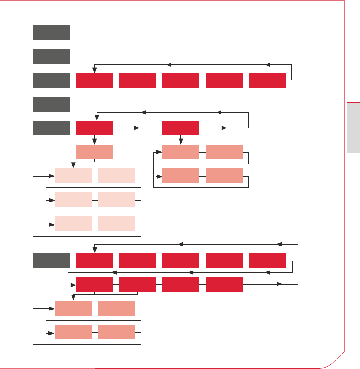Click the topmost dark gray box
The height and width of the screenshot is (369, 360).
pyautogui.click(x=51, y=32)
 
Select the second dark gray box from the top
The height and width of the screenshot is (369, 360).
pyautogui.click(x=51, y=56)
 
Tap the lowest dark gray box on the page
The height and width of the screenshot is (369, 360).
pyautogui.click(x=51, y=261)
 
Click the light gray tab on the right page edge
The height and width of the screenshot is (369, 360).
pyautogui.click(x=353, y=128)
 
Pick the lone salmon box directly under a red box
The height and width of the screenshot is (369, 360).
pyautogui.click(x=95, y=152)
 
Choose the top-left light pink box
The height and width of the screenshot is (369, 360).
pyautogui.click(x=73, y=176)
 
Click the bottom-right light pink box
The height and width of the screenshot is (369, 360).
pyautogui.click(x=116, y=224)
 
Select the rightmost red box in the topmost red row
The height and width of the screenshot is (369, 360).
pyautogui.click(x=268, y=80)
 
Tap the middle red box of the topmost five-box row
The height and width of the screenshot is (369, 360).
pyautogui.click(x=181, y=80)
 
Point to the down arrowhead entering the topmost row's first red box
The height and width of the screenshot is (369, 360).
pyautogui.click(x=94, y=70)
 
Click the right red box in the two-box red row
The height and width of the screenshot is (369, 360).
pyautogui.click(x=181, y=128)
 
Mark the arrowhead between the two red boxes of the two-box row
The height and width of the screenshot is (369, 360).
pyautogui.click(x=137, y=128)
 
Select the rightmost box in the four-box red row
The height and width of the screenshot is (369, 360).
pyautogui.click(x=224, y=284)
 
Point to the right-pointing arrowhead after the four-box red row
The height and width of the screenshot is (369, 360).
pyautogui.click(x=279, y=284)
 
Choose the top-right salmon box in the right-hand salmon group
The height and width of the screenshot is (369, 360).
pyautogui.click(x=224, y=152)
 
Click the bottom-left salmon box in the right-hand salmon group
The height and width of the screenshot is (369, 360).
pyautogui.click(x=181, y=176)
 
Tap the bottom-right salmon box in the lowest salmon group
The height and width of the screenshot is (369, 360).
pyautogui.click(x=116, y=332)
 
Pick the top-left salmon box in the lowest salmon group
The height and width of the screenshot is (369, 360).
pyautogui.click(x=73, y=308)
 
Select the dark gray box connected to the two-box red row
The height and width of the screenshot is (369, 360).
pyautogui.click(x=51, y=128)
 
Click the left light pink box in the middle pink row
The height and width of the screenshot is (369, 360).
pyautogui.click(x=73, y=200)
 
